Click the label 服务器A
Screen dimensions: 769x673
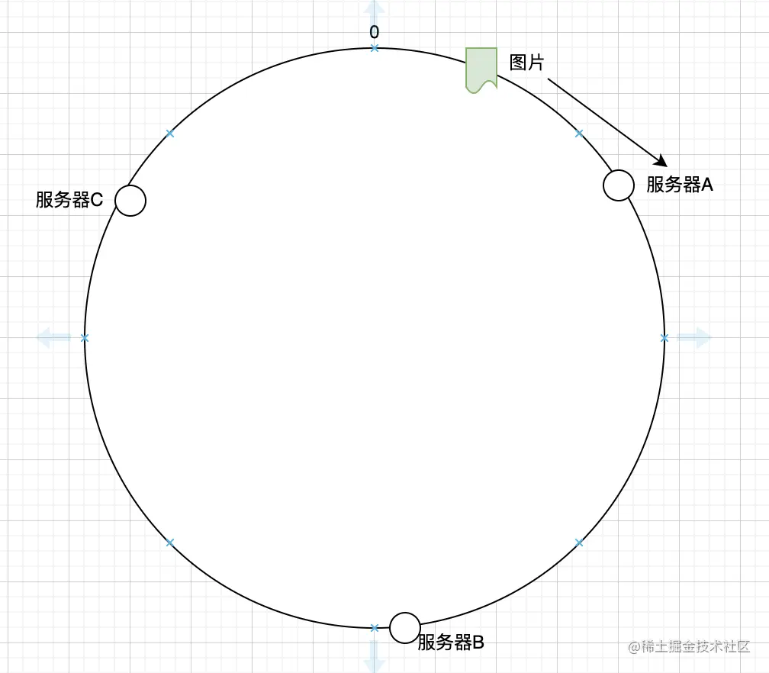coord(679,185)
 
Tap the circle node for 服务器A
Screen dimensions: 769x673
coord(619,185)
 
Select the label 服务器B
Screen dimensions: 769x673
coord(451,642)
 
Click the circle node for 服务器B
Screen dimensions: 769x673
coord(405,627)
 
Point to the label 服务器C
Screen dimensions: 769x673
coord(69,200)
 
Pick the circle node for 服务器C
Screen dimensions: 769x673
coord(130,201)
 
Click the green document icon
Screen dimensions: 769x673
coord(481,69)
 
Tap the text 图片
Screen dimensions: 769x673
coord(527,63)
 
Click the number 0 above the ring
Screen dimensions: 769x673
coord(374,32)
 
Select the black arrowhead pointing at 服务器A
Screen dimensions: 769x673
coord(661,160)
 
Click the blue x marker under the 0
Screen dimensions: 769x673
coord(374,48)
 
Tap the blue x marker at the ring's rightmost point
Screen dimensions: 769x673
coord(664,337)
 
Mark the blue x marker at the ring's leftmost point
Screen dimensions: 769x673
coord(85,337)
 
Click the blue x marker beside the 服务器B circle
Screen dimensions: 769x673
coord(374,628)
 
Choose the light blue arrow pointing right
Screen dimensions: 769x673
coord(693,337)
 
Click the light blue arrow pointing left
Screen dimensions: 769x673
coord(53,336)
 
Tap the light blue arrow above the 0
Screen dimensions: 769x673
coord(374,11)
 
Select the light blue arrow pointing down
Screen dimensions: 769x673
coord(374,656)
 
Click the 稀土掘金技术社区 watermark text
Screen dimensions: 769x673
coord(697,646)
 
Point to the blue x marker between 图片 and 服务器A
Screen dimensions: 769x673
coord(579,134)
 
